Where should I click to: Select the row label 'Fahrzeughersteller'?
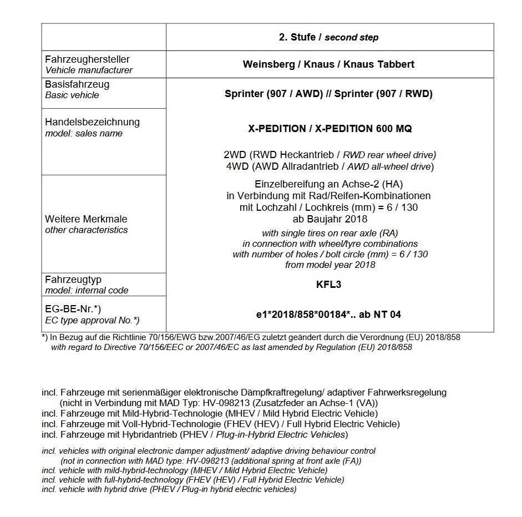click(x=87, y=59)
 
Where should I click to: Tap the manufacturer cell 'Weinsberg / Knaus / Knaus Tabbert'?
click(x=328, y=64)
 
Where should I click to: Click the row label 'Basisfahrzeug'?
click(x=77, y=84)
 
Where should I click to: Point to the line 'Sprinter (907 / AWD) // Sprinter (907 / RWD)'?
click(x=328, y=94)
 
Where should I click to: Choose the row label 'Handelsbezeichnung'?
click(x=92, y=122)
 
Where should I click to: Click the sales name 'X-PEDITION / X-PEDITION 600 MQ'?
click(x=330, y=129)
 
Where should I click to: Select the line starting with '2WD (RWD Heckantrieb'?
click(x=330, y=155)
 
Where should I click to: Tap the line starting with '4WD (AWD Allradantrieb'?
click(x=330, y=166)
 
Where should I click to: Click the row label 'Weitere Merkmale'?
click(x=86, y=219)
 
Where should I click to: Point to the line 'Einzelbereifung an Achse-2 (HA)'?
click(x=330, y=184)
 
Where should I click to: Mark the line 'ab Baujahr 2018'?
click(x=330, y=219)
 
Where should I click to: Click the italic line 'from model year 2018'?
click(x=330, y=265)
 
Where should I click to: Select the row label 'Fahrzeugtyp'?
click(x=73, y=280)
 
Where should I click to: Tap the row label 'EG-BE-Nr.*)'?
click(x=73, y=309)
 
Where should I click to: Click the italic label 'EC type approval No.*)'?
click(x=92, y=320)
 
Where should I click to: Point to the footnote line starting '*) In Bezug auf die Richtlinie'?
click(x=251, y=337)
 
